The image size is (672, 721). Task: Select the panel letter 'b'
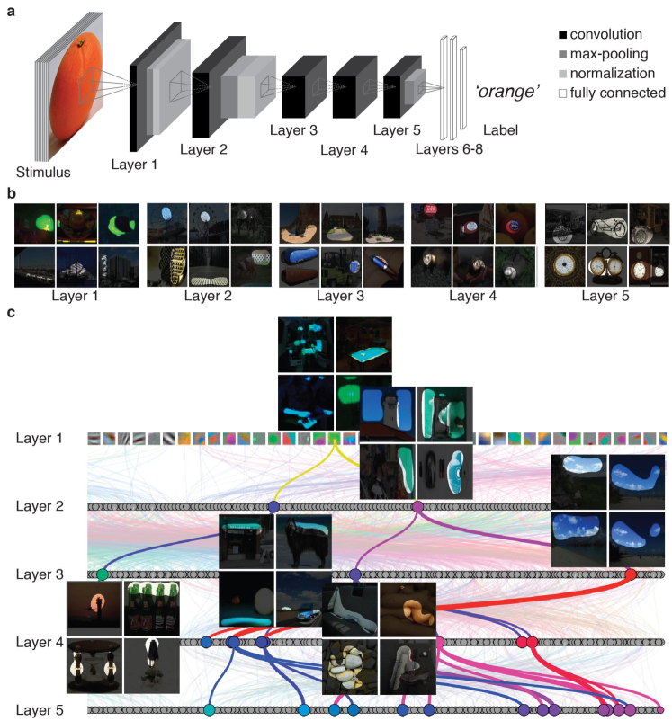(x=10, y=192)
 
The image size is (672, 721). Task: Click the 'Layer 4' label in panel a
(x=344, y=149)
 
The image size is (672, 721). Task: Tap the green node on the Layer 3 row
(x=103, y=574)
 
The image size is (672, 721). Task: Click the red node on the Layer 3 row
(x=631, y=574)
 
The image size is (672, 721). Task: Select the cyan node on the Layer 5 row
(x=210, y=710)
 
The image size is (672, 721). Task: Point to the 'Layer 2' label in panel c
(x=41, y=506)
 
